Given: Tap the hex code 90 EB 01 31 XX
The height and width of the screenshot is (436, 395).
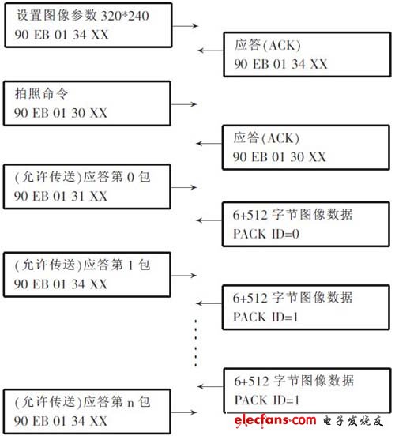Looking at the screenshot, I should (60, 196).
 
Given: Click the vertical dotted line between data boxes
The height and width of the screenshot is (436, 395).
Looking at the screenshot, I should (195, 342).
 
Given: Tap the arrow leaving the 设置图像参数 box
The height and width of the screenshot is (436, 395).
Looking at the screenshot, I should (185, 26).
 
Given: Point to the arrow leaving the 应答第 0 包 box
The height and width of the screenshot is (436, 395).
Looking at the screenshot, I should (185, 188).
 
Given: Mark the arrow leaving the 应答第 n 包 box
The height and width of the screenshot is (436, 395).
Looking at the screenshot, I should (185, 410).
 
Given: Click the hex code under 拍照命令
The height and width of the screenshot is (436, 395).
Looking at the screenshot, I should (60, 114).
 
